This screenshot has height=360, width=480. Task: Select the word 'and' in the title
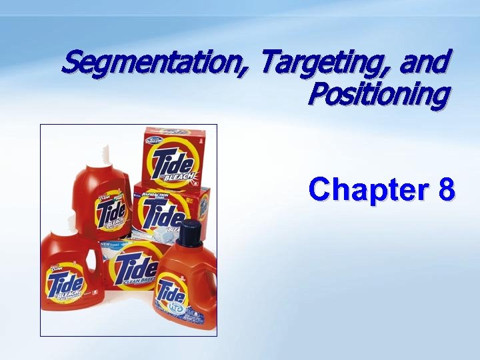(x=424, y=63)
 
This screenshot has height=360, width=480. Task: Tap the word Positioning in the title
(x=378, y=95)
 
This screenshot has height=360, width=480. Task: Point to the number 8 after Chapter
(x=447, y=189)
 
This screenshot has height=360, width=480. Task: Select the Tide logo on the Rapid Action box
(x=163, y=212)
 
